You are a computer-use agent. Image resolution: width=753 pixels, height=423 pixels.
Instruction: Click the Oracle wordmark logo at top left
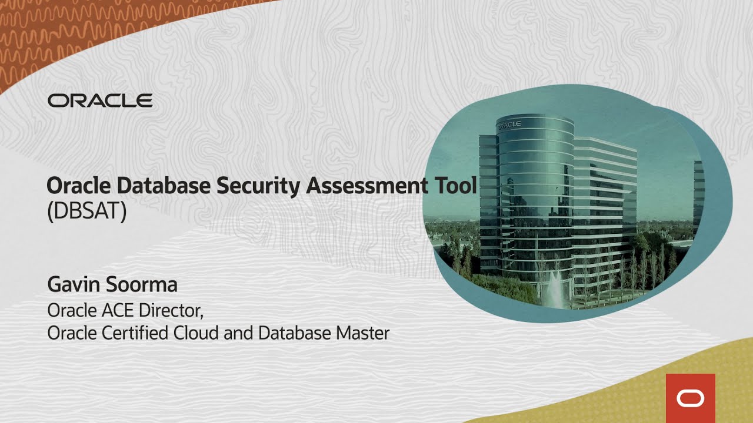click(x=100, y=100)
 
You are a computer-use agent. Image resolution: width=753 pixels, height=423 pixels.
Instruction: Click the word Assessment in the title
click(x=368, y=186)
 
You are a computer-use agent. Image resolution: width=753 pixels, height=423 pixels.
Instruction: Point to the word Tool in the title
click(x=454, y=186)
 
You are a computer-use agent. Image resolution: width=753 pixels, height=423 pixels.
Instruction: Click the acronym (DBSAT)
click(x=86, y=211)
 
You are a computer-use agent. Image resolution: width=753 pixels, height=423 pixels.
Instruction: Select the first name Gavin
click(x=73, y=285)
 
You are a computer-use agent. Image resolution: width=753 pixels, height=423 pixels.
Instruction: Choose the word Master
click(x=362, y=334)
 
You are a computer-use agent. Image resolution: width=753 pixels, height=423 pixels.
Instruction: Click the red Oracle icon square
click(x=690, y=398)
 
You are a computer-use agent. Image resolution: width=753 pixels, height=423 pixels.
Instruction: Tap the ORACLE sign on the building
click(x=509, y=125)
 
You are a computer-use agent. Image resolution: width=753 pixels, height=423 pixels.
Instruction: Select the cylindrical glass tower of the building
click(x=535, y=194)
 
